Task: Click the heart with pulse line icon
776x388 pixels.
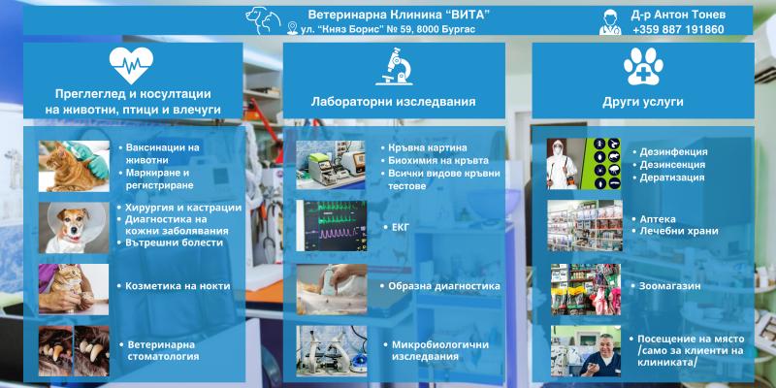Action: click(131, 65)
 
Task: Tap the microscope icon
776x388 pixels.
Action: click(394, 66)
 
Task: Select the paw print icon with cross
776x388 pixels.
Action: click(643, 66)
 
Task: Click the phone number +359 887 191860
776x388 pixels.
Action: click(678, 30)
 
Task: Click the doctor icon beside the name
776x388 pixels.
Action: click(610, 22)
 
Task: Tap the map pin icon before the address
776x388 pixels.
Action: click(293, 28)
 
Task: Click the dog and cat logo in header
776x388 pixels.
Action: click(263, 20)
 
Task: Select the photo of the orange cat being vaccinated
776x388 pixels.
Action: click(75, 166)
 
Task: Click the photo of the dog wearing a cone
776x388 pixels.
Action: click(75, 228)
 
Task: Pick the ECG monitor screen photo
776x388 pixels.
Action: click(332, 226)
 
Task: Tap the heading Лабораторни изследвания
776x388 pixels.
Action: click(394, 102)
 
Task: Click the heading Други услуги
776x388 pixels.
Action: click(643, 102)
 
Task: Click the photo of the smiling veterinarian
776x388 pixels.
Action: click(586, 351)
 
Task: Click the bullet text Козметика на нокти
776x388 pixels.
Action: click(178, 286)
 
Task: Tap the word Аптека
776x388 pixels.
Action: click(658, 219)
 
